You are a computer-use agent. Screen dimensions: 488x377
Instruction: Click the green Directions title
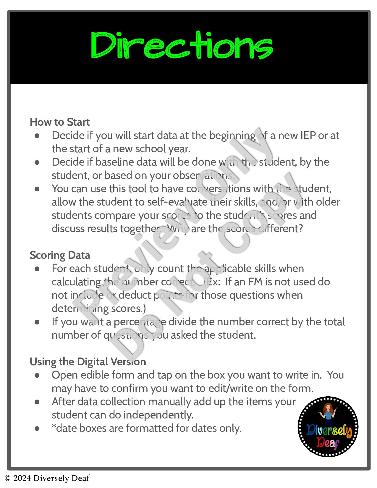(x=182, y=46)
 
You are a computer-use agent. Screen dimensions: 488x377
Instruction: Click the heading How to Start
(x=60, y=122)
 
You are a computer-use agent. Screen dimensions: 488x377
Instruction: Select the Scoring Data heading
(x=60, y=255)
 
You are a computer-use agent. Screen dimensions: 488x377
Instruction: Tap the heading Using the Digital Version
(x=88, y=362)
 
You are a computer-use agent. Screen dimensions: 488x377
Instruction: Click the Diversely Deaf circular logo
(x=328, y=427)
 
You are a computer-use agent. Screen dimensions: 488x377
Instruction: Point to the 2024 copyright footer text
(x=47, y=478)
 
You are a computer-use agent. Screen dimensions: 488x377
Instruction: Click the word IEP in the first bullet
(x=308, y=135)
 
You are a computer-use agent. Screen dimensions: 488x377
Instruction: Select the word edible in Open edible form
(x=91, y=375)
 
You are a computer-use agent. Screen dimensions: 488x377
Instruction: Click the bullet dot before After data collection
(x=37, y=402)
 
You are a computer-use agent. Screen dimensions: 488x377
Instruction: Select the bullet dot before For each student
(x=37, y=269)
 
